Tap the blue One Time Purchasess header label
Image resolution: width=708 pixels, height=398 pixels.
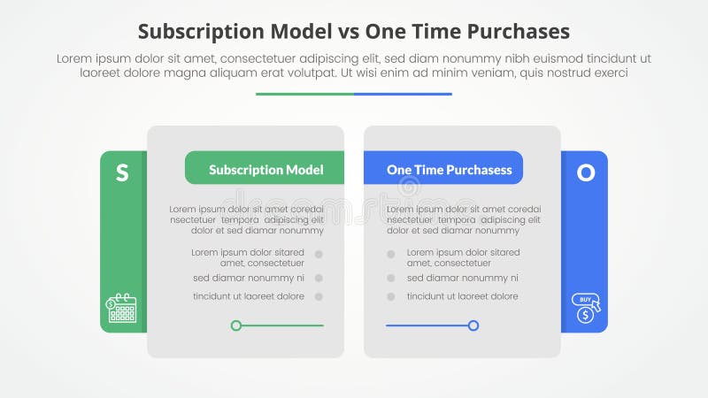pyautogui.click(x=443, y=169)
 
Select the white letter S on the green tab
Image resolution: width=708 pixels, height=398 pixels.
pyautogui.click(x=122, y=173)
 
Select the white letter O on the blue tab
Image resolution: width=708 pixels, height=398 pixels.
pyautogui.click(x=586, y=173)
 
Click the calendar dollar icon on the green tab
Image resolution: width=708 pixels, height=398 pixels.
pyautogui.click(x=122, y=308)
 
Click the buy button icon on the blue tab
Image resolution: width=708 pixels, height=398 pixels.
pyautogui.click(x=586, y=307)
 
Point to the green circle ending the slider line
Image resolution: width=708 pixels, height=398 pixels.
pyautogui.click(x=236, y=325)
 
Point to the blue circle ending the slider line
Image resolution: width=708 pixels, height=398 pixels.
pyautogui.click(x=473, y=325)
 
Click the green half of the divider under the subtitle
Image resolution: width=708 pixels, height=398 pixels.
pyautogui.click(x=304, y=94)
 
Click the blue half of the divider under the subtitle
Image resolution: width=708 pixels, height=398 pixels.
pyautogui.click(x=404, y=94)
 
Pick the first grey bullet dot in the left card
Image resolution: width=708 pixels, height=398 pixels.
pyautogui.click(x=319, y=255)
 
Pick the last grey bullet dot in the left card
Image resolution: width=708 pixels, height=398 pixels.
pyautogui.click(x=319, y=296)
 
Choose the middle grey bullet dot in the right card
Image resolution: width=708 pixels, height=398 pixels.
pyautogui.click(x=389, y=278)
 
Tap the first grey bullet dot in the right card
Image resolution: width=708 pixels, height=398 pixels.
pyautogui.click(x=389, y=255)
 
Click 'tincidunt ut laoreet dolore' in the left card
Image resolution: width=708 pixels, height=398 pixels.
pyautogui.click(x=249, y=296)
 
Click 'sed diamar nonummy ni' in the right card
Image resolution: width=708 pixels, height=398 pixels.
pyautogui.click(x=463, y=278)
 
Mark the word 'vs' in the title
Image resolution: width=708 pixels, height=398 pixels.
pyautogui.click(x=372, y=32)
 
